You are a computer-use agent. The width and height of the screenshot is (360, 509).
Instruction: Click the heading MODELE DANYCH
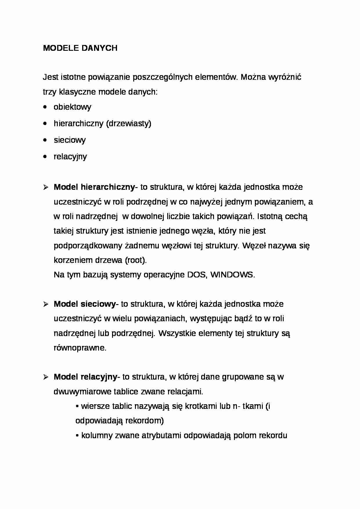point(80,48)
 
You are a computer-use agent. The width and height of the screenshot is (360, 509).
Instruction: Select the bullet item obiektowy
point(72,107)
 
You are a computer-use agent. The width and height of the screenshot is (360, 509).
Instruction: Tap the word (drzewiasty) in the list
point(129,124)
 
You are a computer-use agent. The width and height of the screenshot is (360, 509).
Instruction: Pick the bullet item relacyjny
point(70,157)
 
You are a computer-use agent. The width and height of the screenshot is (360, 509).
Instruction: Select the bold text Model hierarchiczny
point(94,187)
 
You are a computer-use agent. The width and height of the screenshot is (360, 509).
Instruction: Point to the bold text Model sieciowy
point(85,304)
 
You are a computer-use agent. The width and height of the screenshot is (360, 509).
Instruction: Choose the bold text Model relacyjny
point(85,377)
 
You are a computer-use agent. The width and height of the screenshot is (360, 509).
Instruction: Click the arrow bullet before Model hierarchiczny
point(46,187)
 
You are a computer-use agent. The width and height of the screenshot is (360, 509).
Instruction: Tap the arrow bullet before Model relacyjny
point(46,377)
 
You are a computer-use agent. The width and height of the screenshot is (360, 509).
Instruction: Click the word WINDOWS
point(232,275)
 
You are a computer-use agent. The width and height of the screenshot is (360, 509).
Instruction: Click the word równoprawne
point(80,348)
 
